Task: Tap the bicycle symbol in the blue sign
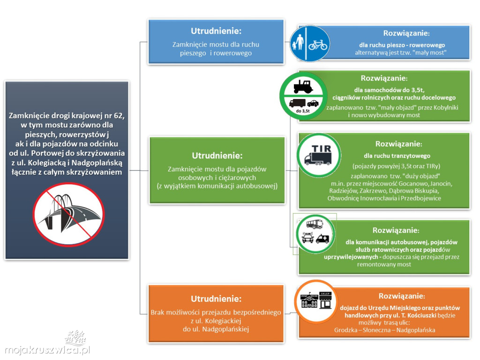point(318,45)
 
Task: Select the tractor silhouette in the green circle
point(303,86)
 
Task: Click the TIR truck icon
point(318,155)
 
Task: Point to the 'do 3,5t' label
point(303,111)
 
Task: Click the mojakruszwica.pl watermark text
point(46,350)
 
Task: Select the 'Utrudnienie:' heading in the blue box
point(216,31)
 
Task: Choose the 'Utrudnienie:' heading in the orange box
point(216,299)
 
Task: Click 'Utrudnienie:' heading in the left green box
point(217,155)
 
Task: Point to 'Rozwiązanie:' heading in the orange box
point(402,296)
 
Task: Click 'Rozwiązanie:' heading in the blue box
point(406,33)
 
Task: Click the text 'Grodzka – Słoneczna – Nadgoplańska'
point(384,330)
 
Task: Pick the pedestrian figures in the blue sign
point(297,45)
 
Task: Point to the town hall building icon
point(307,302)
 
